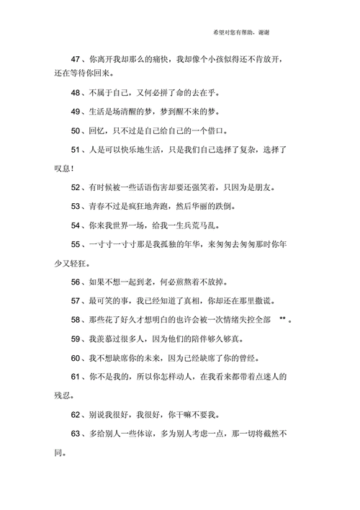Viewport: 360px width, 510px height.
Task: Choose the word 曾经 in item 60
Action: [248, 357]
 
